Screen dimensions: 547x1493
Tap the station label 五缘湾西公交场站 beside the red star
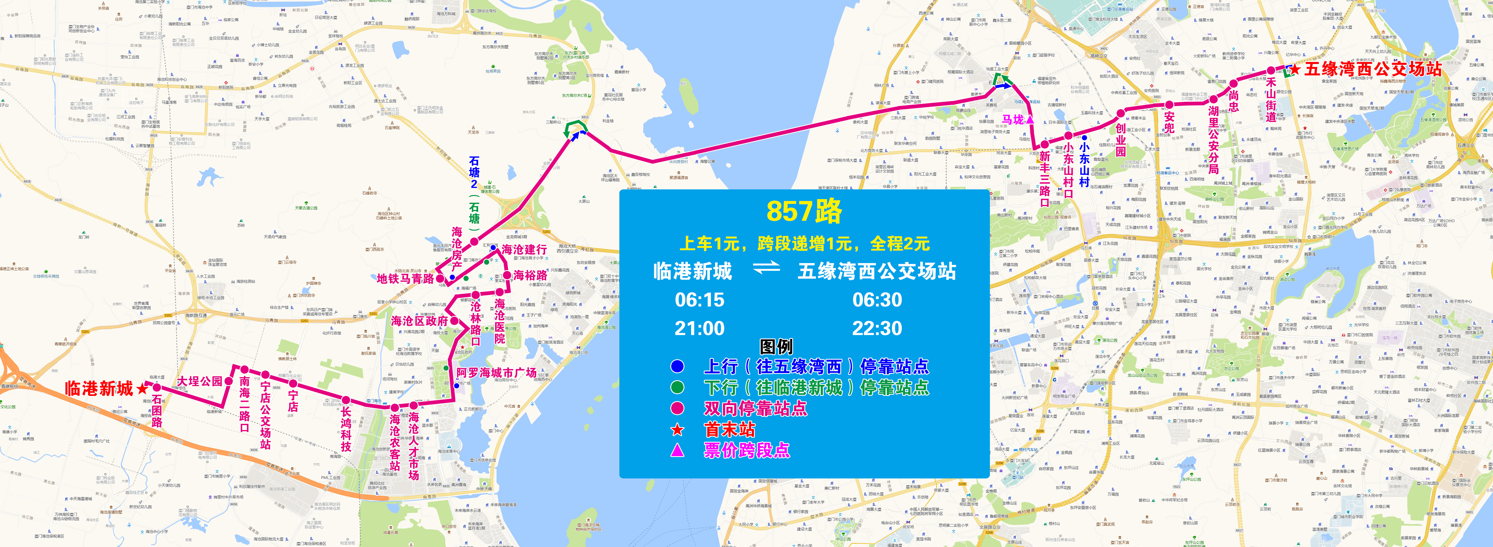[x=1372, y=69]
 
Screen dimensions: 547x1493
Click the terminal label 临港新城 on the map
[x=99, y=388]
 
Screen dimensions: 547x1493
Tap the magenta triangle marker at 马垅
[x=1030, y=119]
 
